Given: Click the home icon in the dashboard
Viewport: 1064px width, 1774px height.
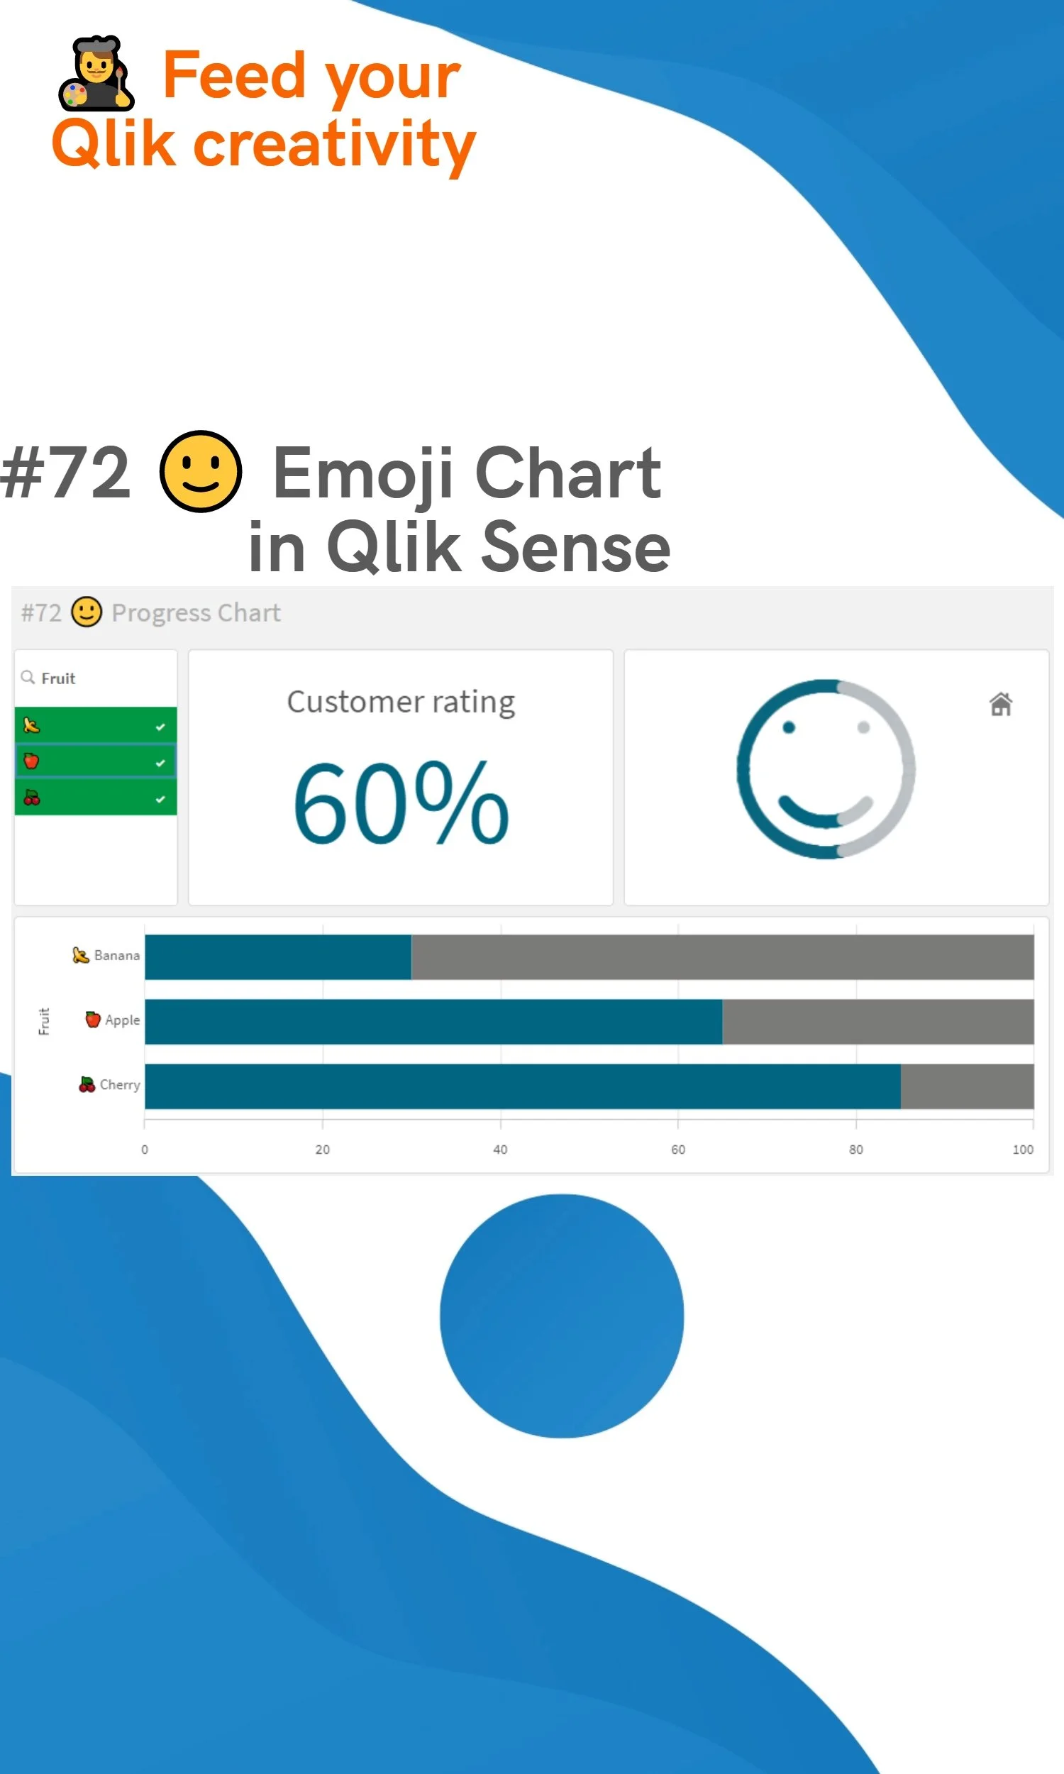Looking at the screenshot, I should coord(1001,704).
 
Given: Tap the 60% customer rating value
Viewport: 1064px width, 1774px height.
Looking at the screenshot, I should coord(401,803).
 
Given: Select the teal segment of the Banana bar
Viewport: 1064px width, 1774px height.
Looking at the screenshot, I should coord(277,957).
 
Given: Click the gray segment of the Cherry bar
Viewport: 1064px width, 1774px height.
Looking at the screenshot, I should coord(967,1086).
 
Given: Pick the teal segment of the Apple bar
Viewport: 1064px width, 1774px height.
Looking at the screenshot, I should coord(433,1021).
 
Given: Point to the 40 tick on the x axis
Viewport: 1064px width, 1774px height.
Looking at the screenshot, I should coord(500,1150).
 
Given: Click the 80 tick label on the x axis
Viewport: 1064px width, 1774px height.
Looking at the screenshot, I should coord(855,1150).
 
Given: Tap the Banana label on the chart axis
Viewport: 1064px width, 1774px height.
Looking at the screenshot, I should coord(116,956).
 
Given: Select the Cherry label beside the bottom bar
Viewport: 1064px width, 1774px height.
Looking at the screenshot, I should coord(119,1085).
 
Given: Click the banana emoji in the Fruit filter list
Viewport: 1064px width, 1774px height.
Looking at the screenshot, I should coord(31,726).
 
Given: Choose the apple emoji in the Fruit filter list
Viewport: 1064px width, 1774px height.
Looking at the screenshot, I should coord(31,761).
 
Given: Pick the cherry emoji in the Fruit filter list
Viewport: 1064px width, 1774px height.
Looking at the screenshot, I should coord(31,798).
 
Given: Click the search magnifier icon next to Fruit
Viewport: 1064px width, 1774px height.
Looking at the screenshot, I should coord(28,677).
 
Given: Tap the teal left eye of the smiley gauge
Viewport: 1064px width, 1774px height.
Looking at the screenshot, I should coord(789,728).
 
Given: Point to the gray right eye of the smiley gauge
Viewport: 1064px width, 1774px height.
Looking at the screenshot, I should coord(863,728).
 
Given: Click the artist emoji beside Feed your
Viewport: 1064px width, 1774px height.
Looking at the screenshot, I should coord(96,74).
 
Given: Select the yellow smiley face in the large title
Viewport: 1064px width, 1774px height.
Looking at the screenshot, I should coord(200,471).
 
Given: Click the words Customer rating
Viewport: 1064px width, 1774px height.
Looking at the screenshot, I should coord(401,702).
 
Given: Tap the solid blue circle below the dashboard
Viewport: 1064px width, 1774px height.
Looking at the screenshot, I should coord(561,1316).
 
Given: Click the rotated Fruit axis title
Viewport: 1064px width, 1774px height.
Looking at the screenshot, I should coord(44,1021).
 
